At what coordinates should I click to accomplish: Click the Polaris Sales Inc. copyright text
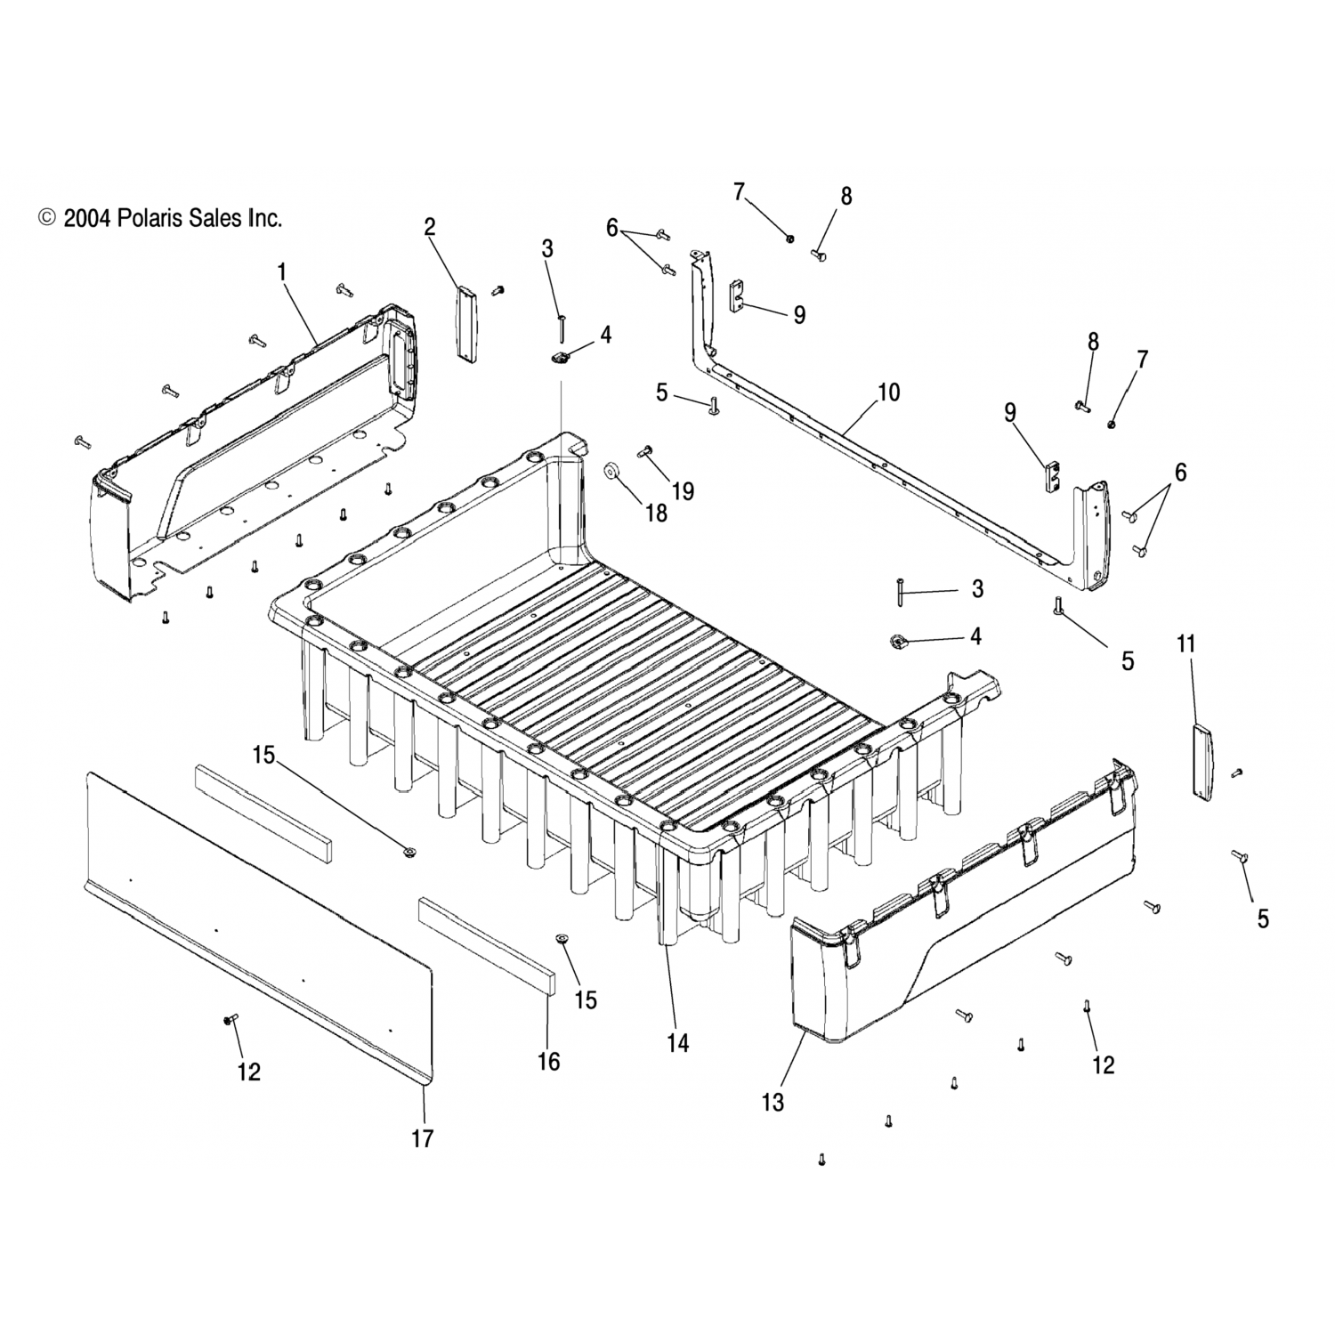point(160,218)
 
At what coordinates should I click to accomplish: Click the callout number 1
point(283,272)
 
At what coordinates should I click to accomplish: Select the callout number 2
point(430,227)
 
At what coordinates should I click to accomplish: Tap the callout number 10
point(888,392)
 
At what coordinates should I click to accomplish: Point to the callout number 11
point(1186,643)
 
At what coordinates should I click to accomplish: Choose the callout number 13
point(773,1102)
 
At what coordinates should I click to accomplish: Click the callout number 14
point(678,1043)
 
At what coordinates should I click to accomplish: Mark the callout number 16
point(549,1061)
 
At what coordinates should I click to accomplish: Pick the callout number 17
point(423,1138)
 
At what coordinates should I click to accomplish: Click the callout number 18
point(656,514)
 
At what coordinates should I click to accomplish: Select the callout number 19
point(684,491)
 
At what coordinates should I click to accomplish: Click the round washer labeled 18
point(612,471)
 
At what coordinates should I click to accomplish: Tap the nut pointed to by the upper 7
point(790,238)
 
